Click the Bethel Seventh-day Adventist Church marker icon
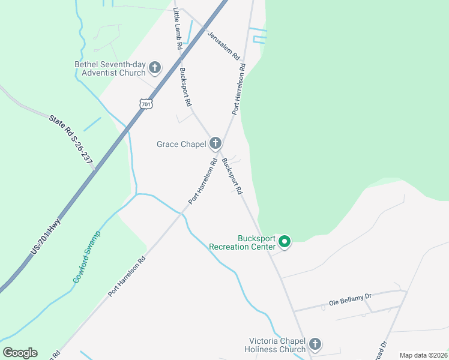click(x=155, y=67)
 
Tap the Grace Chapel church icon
click(x=215, y=143)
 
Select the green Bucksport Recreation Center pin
click(x=285, y=242)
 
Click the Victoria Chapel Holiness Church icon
click(x=315, y=345)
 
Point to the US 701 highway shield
click(x=146, y=104)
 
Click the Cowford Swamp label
click(x=87, y=257)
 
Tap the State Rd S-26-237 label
click(x=71, y=141)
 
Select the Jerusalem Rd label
click(x=224, y=44)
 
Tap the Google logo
click(x=20, y=353)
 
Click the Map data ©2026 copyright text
click(x=423, y=355)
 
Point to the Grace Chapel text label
click(x=181, y=144)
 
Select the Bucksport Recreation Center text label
click(x=242, y=242)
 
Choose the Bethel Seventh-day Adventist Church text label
click(x=110, y=68)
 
